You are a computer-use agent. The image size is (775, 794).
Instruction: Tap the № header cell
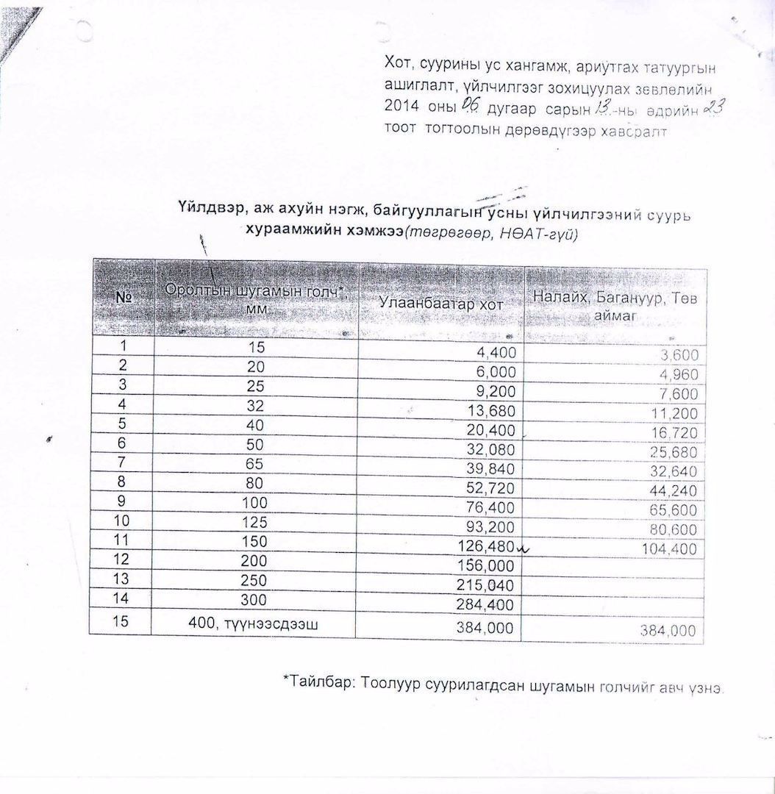point(123,298)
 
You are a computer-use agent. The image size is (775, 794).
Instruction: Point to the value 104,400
point(669,548)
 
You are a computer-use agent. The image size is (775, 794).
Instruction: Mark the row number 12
point(121,559)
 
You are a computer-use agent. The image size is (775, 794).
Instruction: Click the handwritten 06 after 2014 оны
point(470,107)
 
